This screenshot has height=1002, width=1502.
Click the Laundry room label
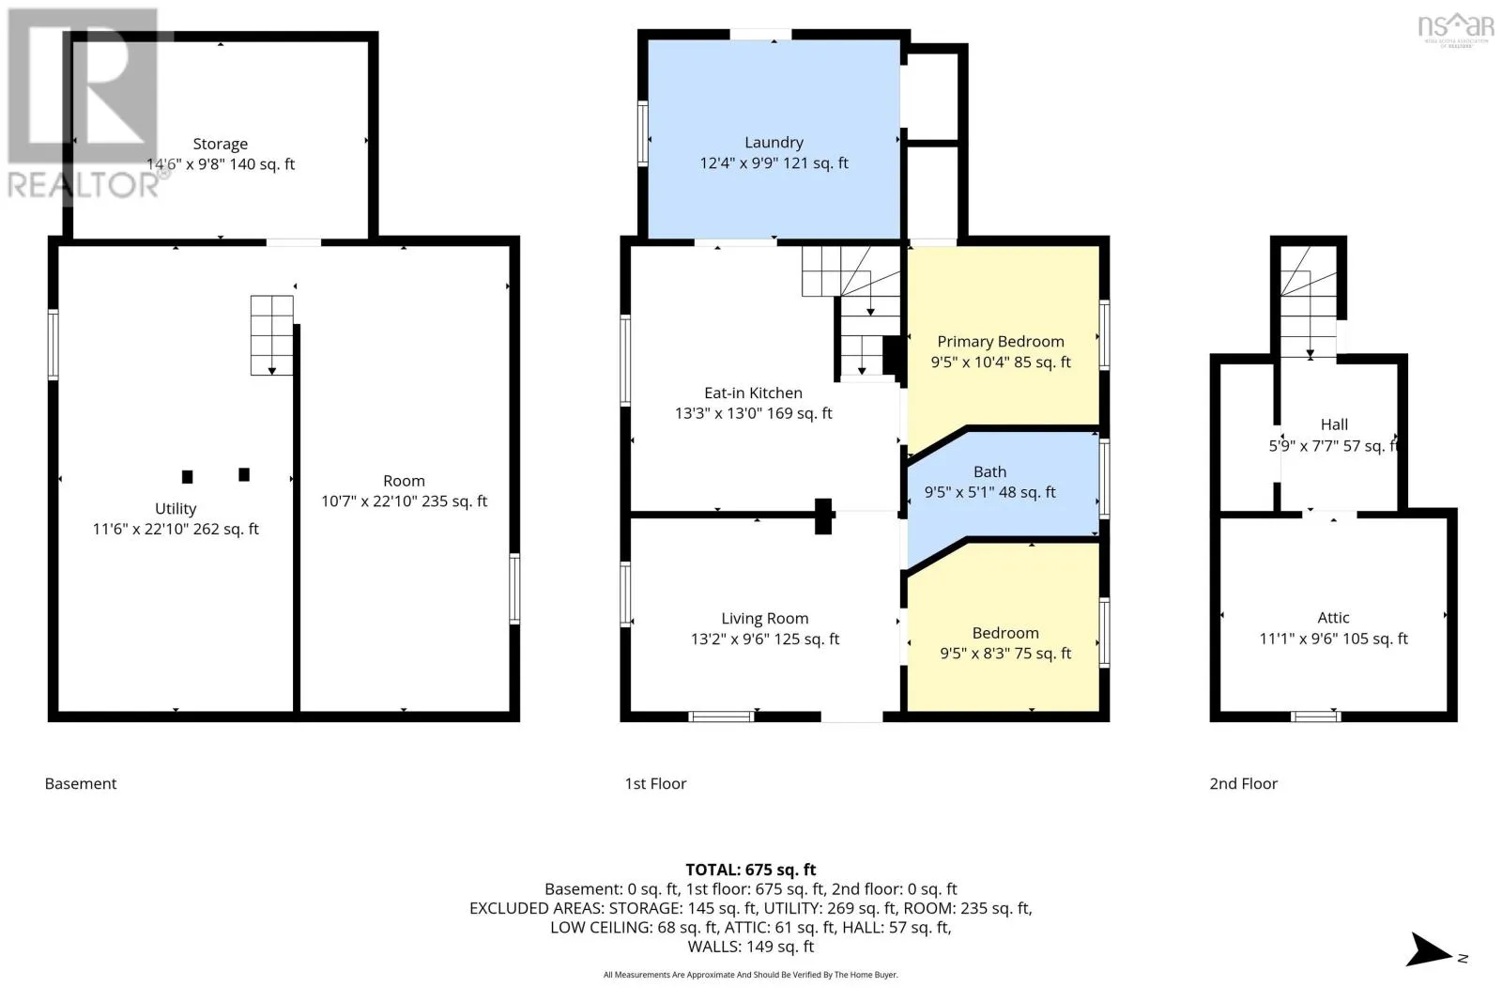pos(774,142)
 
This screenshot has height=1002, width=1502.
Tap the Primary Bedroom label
pos(1001,342)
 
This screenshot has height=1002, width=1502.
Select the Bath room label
pos(989,471)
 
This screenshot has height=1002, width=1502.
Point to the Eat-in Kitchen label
pos(753,393)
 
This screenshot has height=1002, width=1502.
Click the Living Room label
pos(764,618)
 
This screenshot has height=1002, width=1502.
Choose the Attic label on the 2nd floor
pos(1333,618)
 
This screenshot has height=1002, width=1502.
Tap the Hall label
pos(1334,424)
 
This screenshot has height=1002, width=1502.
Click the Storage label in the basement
pos(220,145)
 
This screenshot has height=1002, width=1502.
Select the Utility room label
pos(176,509)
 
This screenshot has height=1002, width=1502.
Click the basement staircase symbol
pos(271,335)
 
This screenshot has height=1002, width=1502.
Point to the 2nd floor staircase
pos(1309,302)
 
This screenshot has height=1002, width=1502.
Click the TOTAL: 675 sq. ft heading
pos(750,870)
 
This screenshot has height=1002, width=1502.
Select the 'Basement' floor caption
pos(81,783)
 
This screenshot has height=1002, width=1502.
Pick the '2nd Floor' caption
pos(1243,783)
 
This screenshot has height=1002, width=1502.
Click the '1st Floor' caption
pos(655,783)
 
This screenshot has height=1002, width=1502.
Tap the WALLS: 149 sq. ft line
pos(750,947)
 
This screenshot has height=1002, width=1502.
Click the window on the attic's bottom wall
pos(1315,717)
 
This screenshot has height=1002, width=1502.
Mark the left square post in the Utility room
pos(188,477)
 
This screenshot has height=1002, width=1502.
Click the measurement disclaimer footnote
pos(750,975)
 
